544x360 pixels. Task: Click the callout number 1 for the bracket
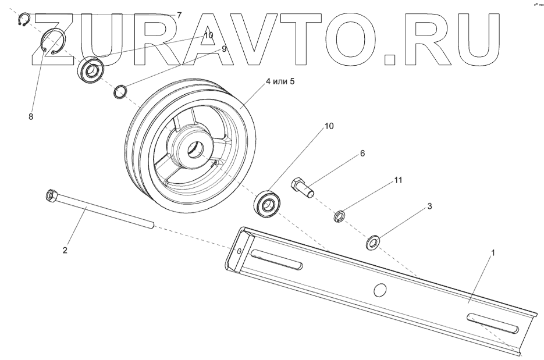coord(494,254)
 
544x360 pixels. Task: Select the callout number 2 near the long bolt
coord(65,250)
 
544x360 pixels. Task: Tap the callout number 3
coord(429,206)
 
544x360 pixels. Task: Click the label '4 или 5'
coord(280,82)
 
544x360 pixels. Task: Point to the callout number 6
coord(362,154)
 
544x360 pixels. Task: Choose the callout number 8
coord(31,116)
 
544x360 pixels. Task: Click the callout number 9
coord(223,49)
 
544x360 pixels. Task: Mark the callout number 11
coord(398,181)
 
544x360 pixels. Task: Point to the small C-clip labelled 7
coord(23,21)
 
